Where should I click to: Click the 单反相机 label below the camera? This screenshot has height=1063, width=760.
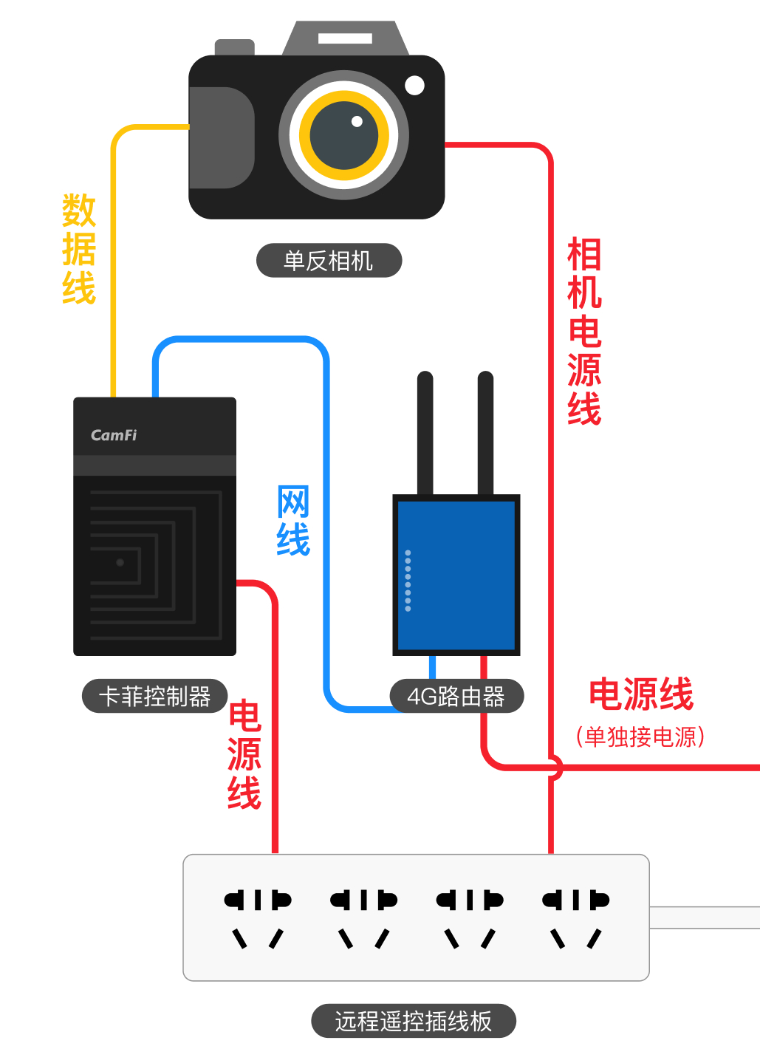point(329,261)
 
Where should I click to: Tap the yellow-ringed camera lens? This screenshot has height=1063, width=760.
point(344,136)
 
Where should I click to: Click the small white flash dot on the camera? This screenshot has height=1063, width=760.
point(415,86)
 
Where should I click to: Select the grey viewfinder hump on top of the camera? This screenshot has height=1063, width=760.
point(345,38)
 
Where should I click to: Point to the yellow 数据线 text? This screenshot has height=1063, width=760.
point(79,249)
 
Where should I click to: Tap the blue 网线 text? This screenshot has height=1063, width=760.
point(293,521)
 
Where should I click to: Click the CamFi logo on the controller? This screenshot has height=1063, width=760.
point(114,435)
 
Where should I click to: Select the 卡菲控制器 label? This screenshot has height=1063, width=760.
point(154,696)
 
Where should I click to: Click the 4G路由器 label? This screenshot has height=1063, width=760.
point(456,696)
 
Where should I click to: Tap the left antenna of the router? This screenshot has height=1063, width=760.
point(425,432)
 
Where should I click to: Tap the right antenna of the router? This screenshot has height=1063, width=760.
point(485,432)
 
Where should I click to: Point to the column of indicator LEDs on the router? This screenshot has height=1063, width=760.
point(408,581)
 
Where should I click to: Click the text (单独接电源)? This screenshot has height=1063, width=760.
point(640,736)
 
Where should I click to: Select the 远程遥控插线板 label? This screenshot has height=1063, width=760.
point(413,1021)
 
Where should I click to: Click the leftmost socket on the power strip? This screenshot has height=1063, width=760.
point(258,917)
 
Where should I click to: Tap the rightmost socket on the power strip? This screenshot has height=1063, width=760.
point(575,917)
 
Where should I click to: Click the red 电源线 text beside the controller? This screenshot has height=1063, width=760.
point(244,755)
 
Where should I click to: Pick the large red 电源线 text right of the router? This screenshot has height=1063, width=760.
point(641,694)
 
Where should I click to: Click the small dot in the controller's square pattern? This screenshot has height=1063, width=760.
point(120,562)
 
